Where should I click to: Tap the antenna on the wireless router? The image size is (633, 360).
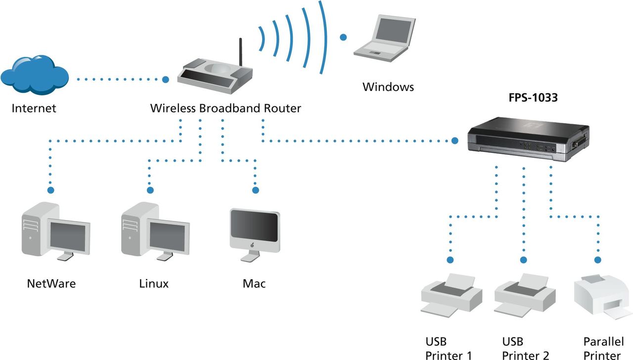(x=241, y=52)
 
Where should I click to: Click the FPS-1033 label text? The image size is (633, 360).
(x=533, y=98)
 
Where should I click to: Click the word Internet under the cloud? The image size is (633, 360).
(x=34, y=108)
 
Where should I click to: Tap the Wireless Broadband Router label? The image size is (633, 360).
(x=226, y=108)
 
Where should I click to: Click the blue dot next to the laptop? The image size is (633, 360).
(x=343, y=37)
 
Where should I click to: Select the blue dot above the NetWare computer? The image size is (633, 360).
(x=50, y=190)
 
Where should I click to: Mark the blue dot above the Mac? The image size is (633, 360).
(x=256, y=190)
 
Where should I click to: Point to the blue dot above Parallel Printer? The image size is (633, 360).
(x=598, y=260)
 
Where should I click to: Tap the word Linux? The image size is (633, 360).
(x=154, y=283)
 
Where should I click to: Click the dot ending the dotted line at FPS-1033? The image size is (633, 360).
(x=455, y=141)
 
